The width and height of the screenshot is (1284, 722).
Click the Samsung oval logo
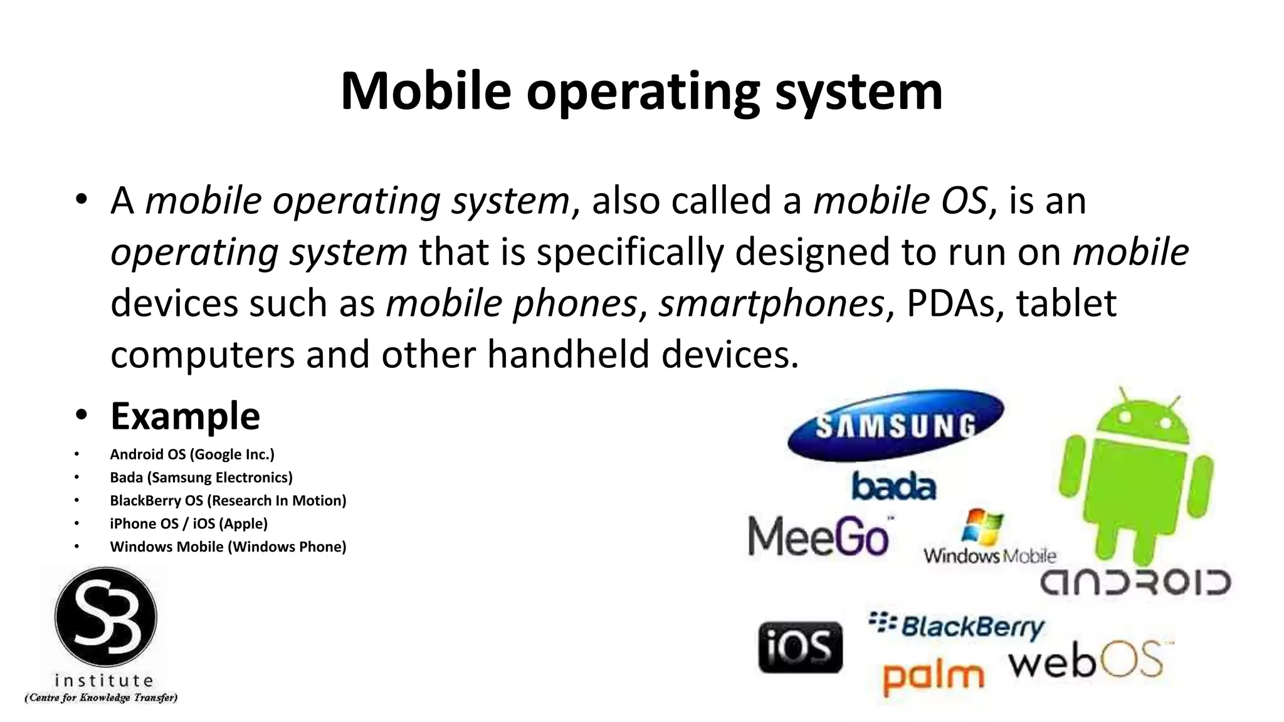click(895, 426)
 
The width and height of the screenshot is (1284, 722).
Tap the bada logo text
click(893, 487)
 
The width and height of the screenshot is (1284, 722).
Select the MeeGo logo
click(819, 537)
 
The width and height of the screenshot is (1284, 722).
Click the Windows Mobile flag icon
click(982, 527)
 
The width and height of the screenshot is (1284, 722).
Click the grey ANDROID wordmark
click(1135, 583)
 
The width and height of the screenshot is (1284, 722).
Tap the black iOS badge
click(800, 647)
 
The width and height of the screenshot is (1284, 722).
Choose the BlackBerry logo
click(957, 626)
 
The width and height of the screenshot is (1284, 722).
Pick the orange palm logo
click(933, 677)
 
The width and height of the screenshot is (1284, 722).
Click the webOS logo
click(1090, 661)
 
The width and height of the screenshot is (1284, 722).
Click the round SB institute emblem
click(105, 617)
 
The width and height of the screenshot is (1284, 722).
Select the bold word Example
click(185, 416)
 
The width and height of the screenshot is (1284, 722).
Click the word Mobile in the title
click(426, 92)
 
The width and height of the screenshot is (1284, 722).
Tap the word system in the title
click(859, 92)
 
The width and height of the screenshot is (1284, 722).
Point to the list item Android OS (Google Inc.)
click(192, 454)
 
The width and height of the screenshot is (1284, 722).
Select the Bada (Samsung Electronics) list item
click(201, 478)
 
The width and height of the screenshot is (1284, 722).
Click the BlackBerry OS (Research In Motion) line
click(228, 501)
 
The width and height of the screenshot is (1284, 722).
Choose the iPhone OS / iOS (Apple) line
click(188, 524)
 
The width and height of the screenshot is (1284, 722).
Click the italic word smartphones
click(771, 304)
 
